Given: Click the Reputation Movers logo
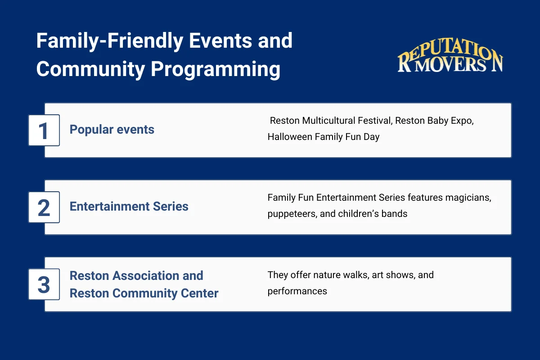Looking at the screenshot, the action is click(450, 55).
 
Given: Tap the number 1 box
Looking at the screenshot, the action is click(44, 130).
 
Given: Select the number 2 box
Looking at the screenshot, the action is click(44, 207).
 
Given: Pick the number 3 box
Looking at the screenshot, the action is click(44, 284).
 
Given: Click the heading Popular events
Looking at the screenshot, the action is click(112, 130).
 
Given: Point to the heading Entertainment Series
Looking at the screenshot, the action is click(129, 207).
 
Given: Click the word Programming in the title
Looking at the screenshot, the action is click(216, 69).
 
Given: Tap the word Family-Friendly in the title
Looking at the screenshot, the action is click(110, 41).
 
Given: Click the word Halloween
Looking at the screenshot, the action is click(290, 137).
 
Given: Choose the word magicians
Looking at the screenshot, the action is click(468, 198).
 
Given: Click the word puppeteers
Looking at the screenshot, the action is click(292, 214).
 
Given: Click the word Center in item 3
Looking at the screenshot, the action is click(200, 293).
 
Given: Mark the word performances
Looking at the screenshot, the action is click(297, 292).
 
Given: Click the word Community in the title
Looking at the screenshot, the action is click(90, 69).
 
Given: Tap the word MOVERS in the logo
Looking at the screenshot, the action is click(450, 65).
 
